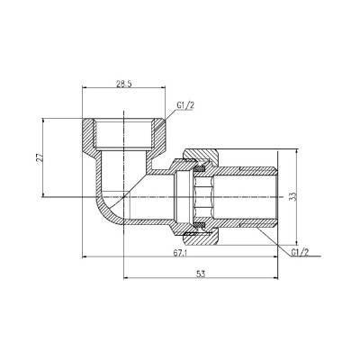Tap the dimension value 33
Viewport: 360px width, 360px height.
pyautogui.click(x=316, y=194)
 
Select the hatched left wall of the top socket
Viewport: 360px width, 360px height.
pyautogui.click(x=93, y=135)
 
